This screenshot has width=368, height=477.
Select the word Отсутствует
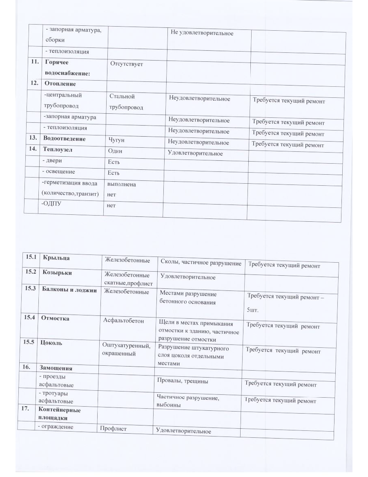pyautogui.click(x=127, y=65)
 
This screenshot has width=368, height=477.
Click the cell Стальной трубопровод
pyautogui.click(x=126, y=102)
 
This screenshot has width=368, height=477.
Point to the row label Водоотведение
pyautogui.click(x=65, y=139)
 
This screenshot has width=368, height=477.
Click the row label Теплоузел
pyautogui.click(x=58, y=150)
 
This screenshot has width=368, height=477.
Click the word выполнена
pyautogui.click(x=121, y=184)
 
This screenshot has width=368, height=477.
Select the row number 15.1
pyautogui.click(x=31, y=257)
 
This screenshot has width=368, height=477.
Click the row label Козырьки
pyautogui.click(x=57, y=272)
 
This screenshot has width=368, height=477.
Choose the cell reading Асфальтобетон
pyautogui.click(x=124, y=321)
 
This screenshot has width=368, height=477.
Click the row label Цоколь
pyautogui.click(x=51, y=343)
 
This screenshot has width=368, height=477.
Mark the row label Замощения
pyautogui.click(x=55, y=368)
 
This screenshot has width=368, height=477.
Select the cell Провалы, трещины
pyautogui.click(x=183, y=381)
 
